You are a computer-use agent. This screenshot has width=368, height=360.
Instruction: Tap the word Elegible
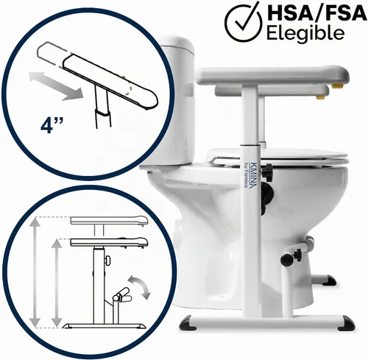pos(305,33)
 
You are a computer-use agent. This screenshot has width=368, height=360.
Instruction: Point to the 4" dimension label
pos(52,126)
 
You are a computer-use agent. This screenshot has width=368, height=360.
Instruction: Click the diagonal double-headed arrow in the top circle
pos(55,86)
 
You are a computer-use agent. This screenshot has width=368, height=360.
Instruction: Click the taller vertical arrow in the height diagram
pos(35,272)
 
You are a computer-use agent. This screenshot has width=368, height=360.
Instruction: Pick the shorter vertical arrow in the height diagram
pos(57,283)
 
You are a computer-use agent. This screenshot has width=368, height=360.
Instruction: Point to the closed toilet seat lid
pos(278,155)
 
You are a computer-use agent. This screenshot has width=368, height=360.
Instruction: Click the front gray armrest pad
pos(272,74)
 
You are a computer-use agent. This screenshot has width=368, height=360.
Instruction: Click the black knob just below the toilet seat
pos(267,169)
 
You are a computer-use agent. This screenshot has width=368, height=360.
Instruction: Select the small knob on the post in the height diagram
pos(107,261)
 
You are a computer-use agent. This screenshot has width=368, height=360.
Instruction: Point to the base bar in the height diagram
pos(104,325)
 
